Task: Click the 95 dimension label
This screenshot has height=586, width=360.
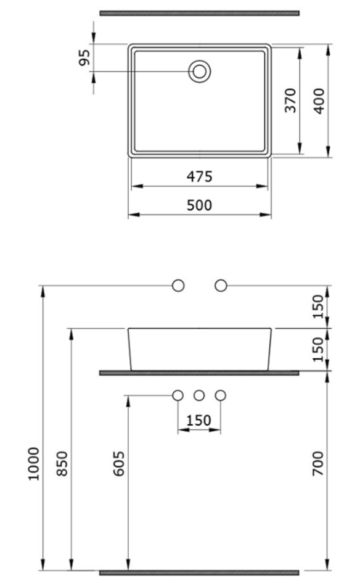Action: (85, 57)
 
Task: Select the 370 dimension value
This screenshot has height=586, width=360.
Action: (290, 100)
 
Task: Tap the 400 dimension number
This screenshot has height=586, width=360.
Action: (319, 101)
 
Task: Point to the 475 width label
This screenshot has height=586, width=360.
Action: (200, 176)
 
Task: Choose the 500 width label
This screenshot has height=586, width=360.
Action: (200, 205)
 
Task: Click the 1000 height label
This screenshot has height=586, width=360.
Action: (34, 464)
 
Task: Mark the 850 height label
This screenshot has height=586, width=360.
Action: (62, 464)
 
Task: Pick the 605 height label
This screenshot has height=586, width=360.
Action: (119, 464)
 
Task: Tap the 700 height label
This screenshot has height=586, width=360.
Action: (318, 463)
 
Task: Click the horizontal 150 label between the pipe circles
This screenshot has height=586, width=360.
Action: (198, 421)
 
